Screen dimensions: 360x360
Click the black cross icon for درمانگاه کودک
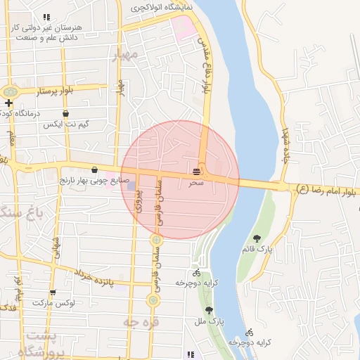pos(8,103)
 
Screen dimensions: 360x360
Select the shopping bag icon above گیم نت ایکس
pos(65,113)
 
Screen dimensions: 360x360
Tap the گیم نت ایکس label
pos(65,124)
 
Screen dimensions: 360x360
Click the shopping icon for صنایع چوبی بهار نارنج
pos(94,169)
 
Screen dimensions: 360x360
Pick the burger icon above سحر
pos(198,171)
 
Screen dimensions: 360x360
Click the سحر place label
pos(197,183)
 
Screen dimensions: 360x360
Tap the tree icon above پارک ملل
pos(208,309)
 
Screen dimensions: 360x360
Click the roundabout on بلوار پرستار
pos(10,91)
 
